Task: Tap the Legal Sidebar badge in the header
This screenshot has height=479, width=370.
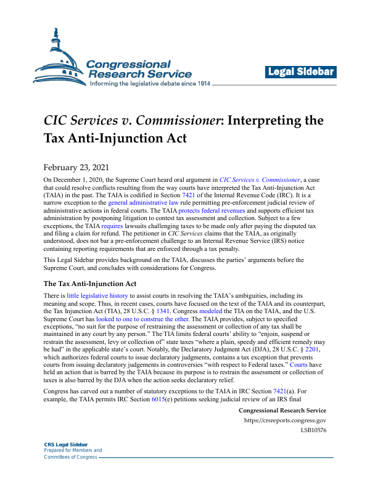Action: coord(300,72)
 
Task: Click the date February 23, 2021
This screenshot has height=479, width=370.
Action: coord(77,167)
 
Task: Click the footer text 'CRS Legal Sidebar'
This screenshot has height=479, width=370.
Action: coord(66,444)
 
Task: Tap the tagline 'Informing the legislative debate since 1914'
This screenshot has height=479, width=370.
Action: coord(150,84)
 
